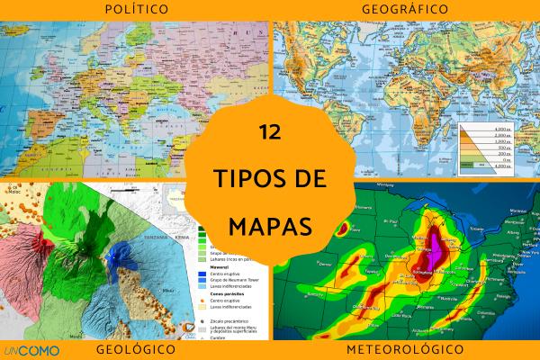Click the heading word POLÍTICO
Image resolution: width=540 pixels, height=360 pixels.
click(x=134, y=9)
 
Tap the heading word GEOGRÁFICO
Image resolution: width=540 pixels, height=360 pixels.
click(x=405, y=9)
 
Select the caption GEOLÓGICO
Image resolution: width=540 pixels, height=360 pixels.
click(x=134, y=348)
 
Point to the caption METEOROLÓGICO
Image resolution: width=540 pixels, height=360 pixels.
click(x=405, y=348)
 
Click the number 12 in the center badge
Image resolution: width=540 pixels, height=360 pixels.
click(x=269, y=131)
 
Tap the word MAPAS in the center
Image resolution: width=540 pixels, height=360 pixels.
click(x=270, y=221)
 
